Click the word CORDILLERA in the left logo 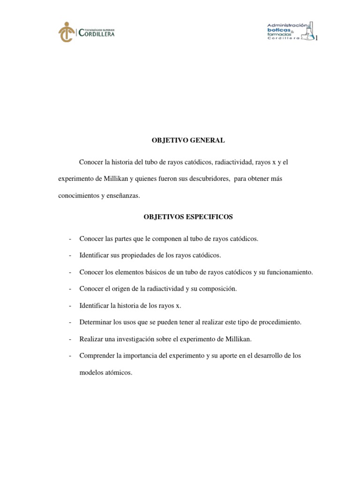point(97,34)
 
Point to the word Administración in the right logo point(287,24)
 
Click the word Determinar point(95,322)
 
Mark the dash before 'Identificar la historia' point(69,306)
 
